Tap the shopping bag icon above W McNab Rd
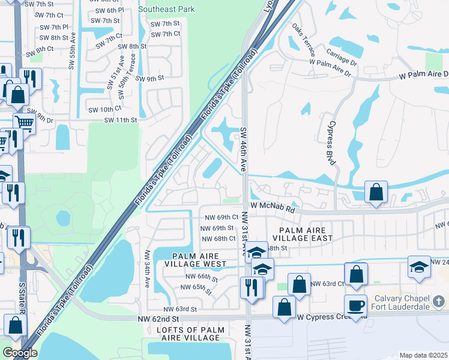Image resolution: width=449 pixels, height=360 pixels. [376, 193]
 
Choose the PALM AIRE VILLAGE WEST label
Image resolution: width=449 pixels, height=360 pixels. [190, 260]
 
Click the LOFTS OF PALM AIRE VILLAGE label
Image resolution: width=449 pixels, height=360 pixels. [188, 334]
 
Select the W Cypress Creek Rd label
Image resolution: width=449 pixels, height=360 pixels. [324, 317]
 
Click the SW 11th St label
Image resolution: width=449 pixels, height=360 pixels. [121, 120]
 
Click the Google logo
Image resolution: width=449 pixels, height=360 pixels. [20, 353]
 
